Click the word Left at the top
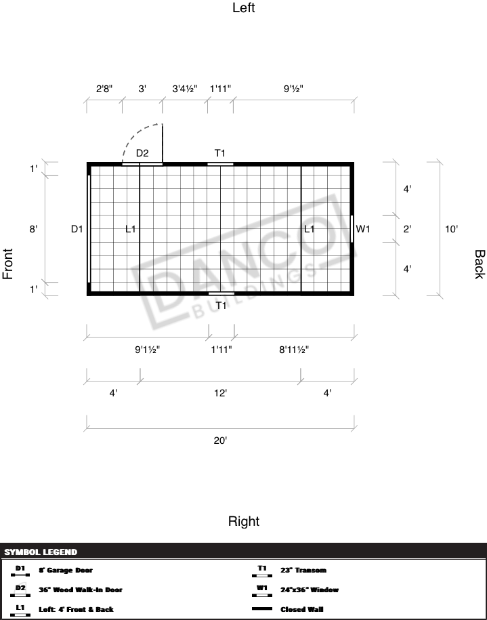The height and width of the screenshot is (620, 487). click(243, 8)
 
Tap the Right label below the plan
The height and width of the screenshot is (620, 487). click(243, 521)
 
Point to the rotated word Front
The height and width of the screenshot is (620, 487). click(8, 264)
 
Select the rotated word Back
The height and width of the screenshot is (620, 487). click(479, 264)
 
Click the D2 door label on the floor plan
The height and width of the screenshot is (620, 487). click(142, 153)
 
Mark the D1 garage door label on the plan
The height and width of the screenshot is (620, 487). click(77, 229)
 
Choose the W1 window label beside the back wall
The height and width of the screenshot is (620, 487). click(364, 229)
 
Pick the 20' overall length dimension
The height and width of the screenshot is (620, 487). click(220, 440)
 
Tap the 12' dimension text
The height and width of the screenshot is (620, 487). click(220, 393)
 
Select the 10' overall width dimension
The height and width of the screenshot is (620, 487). click(452, 229)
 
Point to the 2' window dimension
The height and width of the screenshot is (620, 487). click(407, 229)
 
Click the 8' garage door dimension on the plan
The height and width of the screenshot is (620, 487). click(33, 229)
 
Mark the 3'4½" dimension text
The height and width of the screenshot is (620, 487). click(185, 88)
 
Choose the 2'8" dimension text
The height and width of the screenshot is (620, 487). click(104, 88)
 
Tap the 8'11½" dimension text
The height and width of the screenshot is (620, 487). click(294, 350)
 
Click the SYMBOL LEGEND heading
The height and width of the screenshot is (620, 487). click(41, 552)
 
